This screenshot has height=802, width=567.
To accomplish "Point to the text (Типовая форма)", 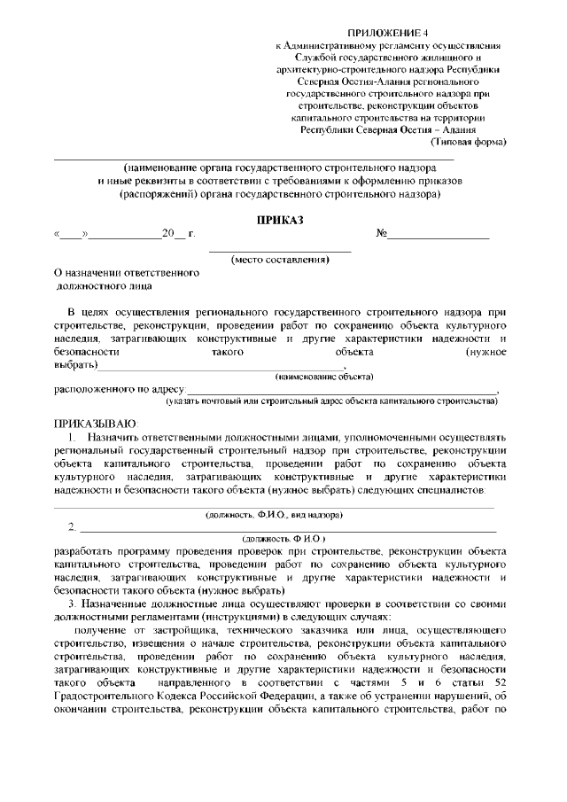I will (469, 142).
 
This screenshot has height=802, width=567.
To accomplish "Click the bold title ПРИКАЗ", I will (280, 219).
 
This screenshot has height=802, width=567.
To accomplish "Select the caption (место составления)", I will (280, 260).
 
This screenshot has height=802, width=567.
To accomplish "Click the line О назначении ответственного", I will (128, 274).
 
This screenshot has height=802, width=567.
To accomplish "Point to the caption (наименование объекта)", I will (324, 377).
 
